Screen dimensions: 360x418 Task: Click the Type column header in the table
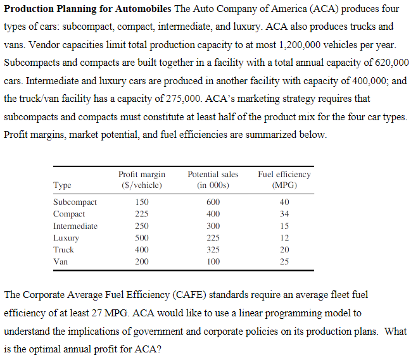point(62,184)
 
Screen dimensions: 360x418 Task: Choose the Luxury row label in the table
point(66,238)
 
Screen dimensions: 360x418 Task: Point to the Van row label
point(61,261)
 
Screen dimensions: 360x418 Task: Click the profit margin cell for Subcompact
point(142,202)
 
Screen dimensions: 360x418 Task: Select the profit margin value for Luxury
point(142,238)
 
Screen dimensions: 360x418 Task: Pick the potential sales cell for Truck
point(213,249)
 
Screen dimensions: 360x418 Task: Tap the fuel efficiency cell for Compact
point(284,214)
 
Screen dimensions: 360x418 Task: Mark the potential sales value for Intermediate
point(213,226)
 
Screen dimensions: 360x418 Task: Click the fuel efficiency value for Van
point(284,261)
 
